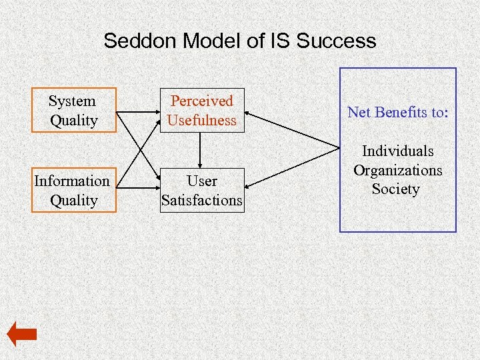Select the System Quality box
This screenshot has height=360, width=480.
[73, 111]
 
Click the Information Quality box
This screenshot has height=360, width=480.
[73, 191]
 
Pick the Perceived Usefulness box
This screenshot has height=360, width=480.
[202, 111]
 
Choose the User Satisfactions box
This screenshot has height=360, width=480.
[202, 191]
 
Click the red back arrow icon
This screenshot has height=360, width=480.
[21, 334]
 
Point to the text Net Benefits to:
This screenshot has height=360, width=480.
[397, 112]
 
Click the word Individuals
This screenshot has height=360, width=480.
[397, 151]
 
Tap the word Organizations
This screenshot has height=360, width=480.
[397, 170]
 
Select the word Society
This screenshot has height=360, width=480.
[396, 189]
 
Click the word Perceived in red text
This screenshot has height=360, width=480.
[202, 101]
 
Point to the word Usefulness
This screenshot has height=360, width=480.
[202, 120]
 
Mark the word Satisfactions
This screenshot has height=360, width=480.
[202, 200]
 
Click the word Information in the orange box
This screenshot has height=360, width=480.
[72, 181]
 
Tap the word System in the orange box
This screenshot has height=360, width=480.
[72, 101]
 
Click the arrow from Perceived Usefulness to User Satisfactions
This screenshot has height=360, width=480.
[201, 150]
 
